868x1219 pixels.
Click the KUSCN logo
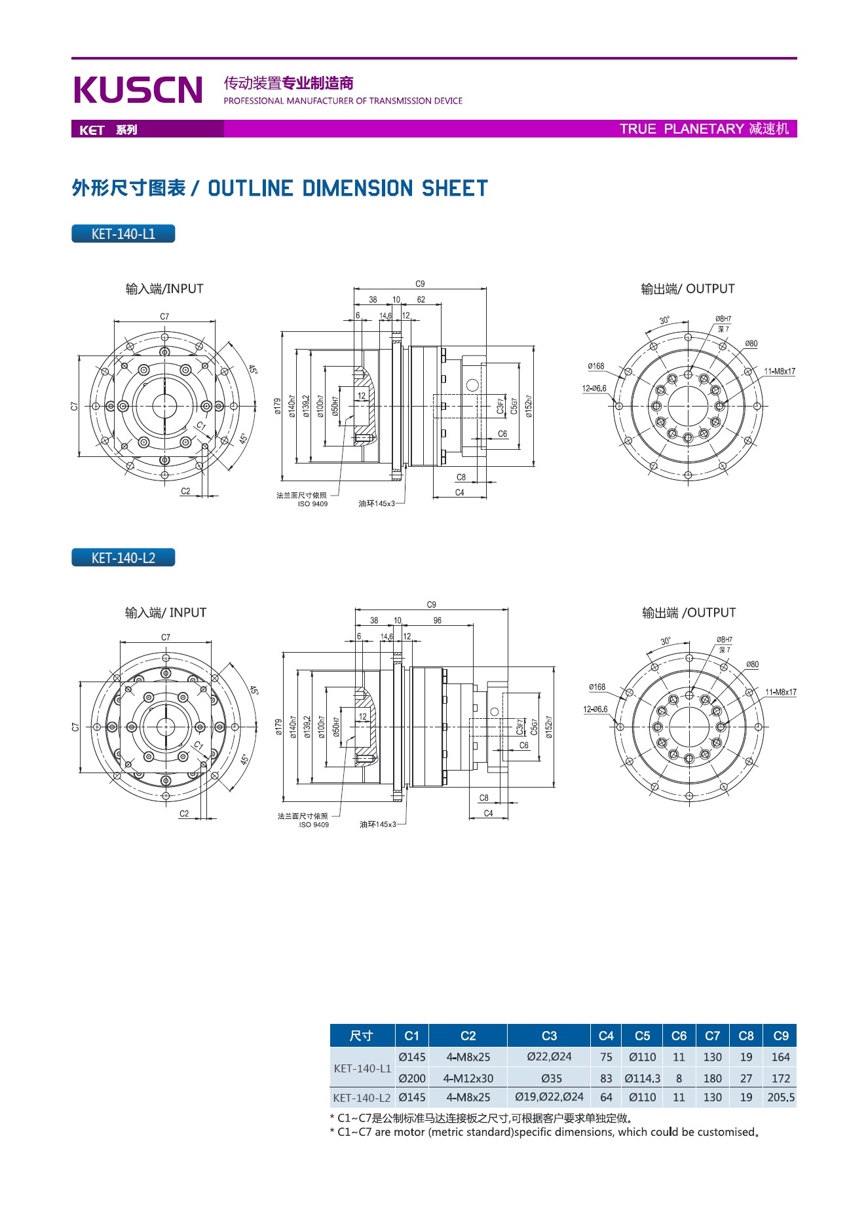point(138,90)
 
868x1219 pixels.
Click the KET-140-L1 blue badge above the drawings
point(123,234)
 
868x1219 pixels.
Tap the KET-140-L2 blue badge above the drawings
point(123,558)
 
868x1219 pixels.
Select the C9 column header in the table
point(780,1036)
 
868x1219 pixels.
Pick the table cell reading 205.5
point(781,1097)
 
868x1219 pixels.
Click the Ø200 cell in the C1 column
point(412,1078)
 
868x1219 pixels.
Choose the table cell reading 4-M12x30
point(468,1078)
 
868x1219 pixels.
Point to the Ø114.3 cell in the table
point(642,1078)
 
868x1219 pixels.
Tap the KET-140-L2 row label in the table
point(362,1098)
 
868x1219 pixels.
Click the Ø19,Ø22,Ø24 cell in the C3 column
point(549,1097)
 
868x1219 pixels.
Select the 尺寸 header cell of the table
point(362,1036)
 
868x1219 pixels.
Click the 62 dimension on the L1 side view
point(421,300)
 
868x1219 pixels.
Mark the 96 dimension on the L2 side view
point(437,621)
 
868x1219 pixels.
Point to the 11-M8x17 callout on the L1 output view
point(780,371)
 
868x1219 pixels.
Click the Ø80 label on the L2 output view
point(752,664)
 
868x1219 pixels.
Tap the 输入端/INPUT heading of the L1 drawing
point(164,289)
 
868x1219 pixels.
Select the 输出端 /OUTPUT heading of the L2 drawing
point(689,613)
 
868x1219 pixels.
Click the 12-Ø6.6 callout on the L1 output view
point(594,388)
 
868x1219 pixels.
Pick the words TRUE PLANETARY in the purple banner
point(681,129)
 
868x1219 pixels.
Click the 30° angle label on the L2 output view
point(666,642)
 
